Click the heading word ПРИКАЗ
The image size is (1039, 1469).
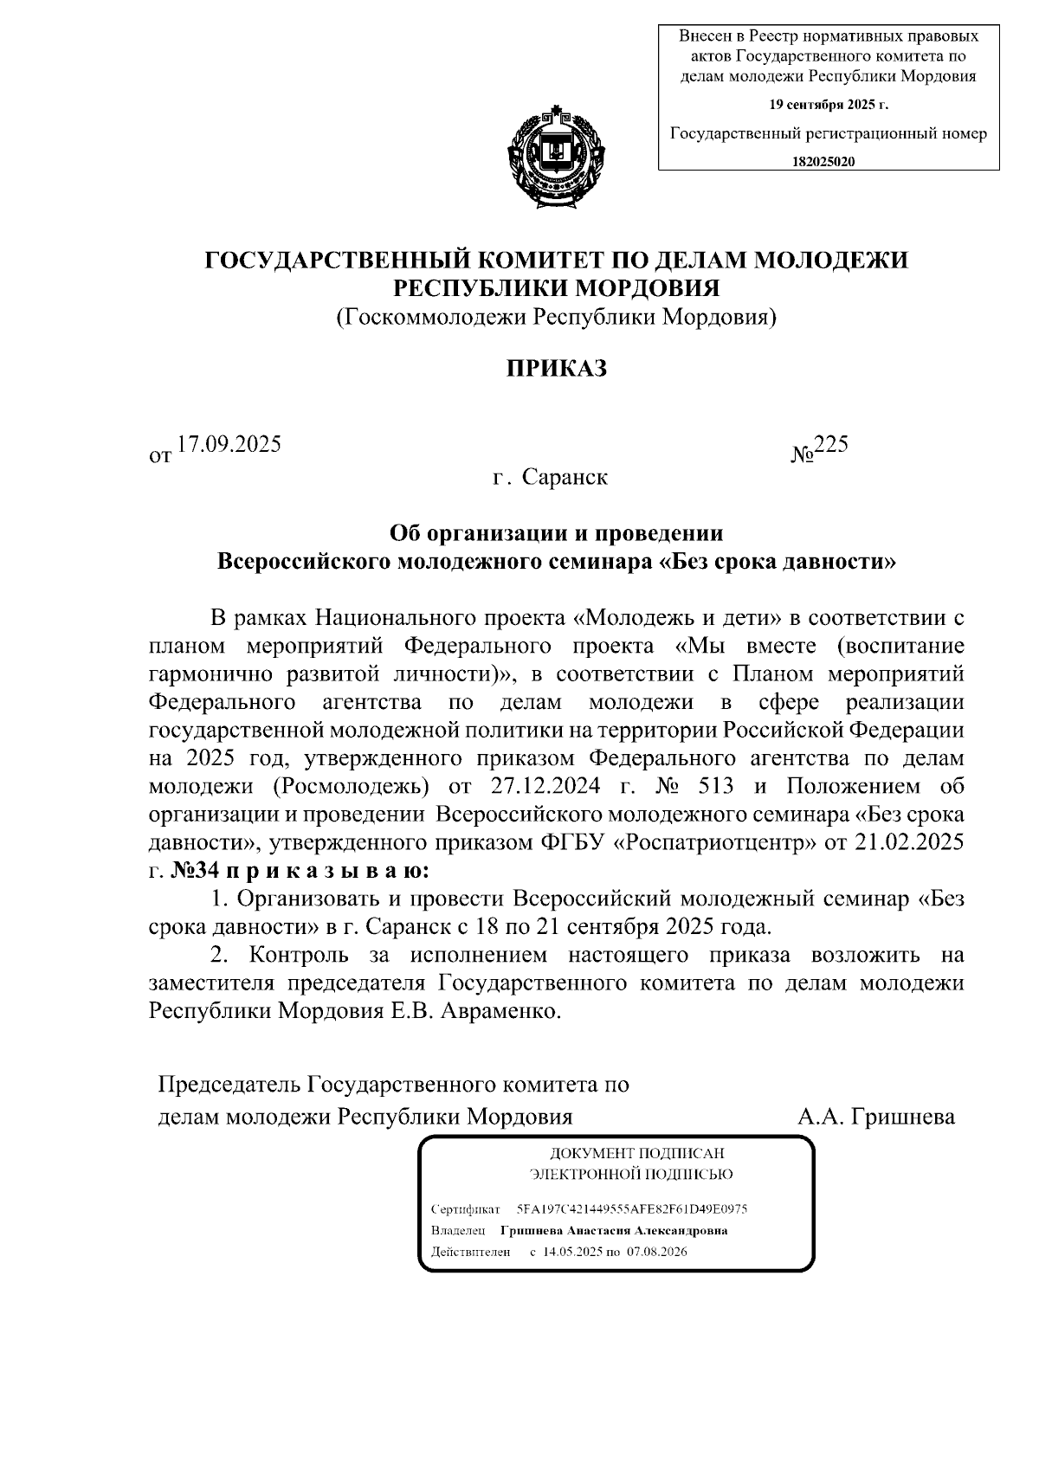pyautogui.click(x=557, y=368)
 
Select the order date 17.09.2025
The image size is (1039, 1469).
pyautogui.click(x=229, y=445)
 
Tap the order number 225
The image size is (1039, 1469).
pyautogui.click(x=831, y=445)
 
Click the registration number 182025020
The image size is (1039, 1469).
pyautogui.click(x=823, y=162)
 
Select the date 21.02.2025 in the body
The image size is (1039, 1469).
pyautogui.click(x=910, y=842)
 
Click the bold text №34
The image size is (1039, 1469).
pyautogui.click(x=200, y=870)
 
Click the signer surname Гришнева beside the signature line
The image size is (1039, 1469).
pyautogui.click(x=903, y=1117)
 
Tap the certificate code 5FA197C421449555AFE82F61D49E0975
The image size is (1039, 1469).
pyautogui.click(x=632, y=1208)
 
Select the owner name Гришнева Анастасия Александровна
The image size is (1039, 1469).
pyautogui.click(x=614, y=1230)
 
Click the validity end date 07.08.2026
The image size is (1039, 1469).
pyautogui.click(x=657, y=1252)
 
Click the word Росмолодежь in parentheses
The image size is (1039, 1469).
pyautogui.click(x=356, y=787)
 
